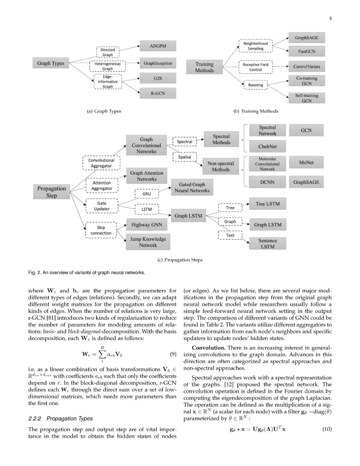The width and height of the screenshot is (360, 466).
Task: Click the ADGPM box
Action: coord(158,46)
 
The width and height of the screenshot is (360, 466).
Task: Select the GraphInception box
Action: coord(158,63)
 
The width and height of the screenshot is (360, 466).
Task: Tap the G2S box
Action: coord(158,78)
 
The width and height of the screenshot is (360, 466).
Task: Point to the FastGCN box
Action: coord(306,52)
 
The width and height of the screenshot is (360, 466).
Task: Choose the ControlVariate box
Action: coord(306,67)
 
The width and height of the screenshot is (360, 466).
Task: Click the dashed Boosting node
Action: coord(256,85)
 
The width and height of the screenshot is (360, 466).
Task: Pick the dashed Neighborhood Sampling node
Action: coord(256,46)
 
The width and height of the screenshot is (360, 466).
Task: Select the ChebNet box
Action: coord(267,146)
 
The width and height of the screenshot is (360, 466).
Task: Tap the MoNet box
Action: coord(306,162)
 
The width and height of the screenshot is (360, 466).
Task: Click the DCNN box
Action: coord(267,182)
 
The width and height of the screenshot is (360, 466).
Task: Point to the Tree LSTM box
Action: coord(267,204)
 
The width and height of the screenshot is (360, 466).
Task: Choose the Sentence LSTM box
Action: coord(267,244)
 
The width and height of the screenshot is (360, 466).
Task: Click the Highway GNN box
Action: coord(147,225)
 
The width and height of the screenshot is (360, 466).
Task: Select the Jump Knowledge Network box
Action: coord(148,242)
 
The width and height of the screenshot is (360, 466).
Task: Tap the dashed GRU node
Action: coord(147,194)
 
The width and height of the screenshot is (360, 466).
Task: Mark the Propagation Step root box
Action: coord(51,192)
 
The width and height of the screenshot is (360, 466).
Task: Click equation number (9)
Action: coord(173,354)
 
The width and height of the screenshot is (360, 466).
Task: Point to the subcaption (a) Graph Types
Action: coord(104,111)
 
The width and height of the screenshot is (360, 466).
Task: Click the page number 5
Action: coord(330,18)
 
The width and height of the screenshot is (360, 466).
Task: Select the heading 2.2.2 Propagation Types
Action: coord(60,418)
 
